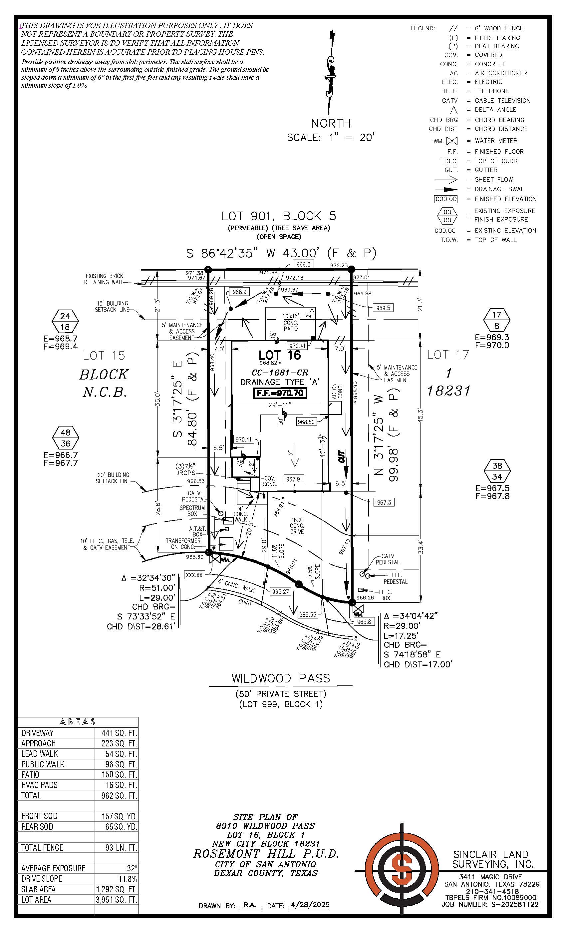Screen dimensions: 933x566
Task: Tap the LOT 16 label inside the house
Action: (x=280, y=355)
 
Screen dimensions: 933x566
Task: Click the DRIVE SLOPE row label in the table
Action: (x=42, y=878)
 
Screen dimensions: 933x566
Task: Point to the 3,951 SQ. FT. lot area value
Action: (x=116, y=899)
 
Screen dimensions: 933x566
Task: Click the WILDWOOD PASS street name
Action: (x=281, y=678)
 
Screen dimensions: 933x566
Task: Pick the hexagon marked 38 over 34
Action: (x=497, y=471)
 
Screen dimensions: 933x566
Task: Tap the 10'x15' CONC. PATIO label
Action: (x=291, y=322)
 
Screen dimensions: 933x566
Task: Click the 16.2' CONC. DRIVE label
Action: (x=297, y=525)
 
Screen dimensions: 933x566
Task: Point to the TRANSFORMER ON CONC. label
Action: (x=183, y=543)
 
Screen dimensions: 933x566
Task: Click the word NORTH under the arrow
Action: (x=331, y=123)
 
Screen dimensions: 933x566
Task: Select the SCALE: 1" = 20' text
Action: (x=331, y=137)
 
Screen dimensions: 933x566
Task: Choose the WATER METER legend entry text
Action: (x=496, y=141)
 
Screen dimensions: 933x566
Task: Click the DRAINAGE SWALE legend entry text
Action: (x=501, y=189)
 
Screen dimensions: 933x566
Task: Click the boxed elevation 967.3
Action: (x=384, y=502)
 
